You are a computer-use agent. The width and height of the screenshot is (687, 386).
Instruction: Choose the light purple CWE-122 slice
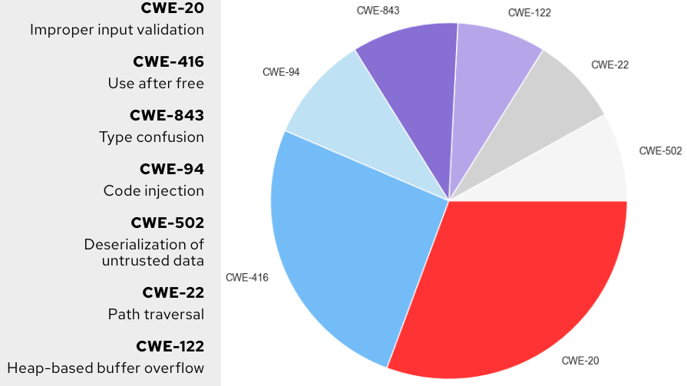coord(487,84)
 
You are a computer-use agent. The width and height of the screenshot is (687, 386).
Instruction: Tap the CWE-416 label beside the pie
coord(246,277)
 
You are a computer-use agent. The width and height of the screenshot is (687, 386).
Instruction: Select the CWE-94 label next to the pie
coord(281,72)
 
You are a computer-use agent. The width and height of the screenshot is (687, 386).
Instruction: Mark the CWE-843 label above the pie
coord(378,10)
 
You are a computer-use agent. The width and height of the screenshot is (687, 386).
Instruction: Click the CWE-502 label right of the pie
coord(660,151)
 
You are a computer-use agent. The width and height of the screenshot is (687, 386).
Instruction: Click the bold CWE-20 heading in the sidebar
coord(173,8)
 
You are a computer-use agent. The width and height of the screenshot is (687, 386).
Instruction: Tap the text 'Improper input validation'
coord(117,30)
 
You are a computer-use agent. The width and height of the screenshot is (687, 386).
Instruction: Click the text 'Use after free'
coord(156,84)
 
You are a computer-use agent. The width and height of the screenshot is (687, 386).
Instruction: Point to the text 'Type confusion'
coord(151,137)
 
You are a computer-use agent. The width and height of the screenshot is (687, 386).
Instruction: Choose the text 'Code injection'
coord(154,191)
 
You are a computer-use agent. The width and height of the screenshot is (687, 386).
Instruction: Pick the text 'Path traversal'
coord(156,314)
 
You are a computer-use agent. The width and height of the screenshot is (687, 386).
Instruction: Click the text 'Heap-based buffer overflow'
coord(106,368)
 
